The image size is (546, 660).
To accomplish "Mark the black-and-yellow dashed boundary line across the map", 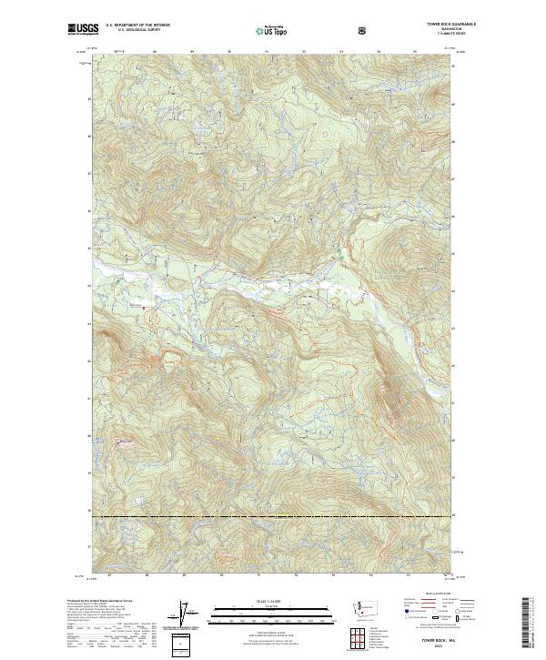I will point(273,517).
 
